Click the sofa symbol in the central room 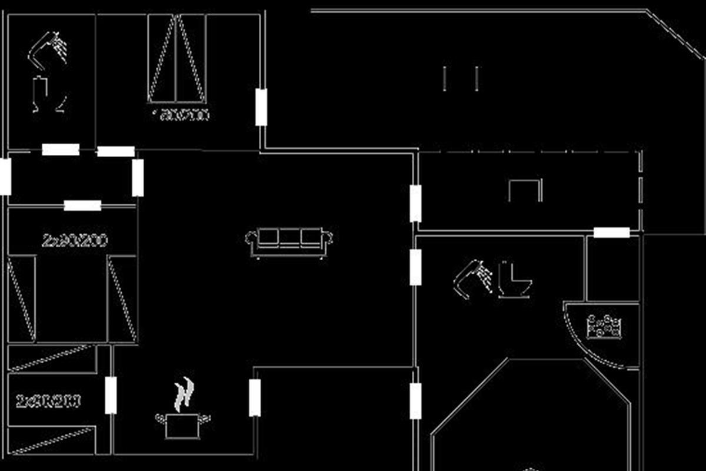pos(289,242)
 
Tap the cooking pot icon pos(182,425)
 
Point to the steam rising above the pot pos(184,394)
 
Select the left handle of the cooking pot pos(159,417)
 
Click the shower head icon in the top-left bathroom pos(49,49)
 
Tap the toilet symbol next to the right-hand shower pos(515,280)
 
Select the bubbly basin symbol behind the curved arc pos(604,327)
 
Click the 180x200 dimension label pos(181,115)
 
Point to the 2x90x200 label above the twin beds pos(74,240)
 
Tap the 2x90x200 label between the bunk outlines pos(48,402)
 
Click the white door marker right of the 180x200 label pos(261,107)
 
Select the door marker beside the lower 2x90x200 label pos(111,395)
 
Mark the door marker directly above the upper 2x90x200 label pos(82,205)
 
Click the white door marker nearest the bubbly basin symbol pos(611,233)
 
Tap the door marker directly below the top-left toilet pos(61,150)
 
